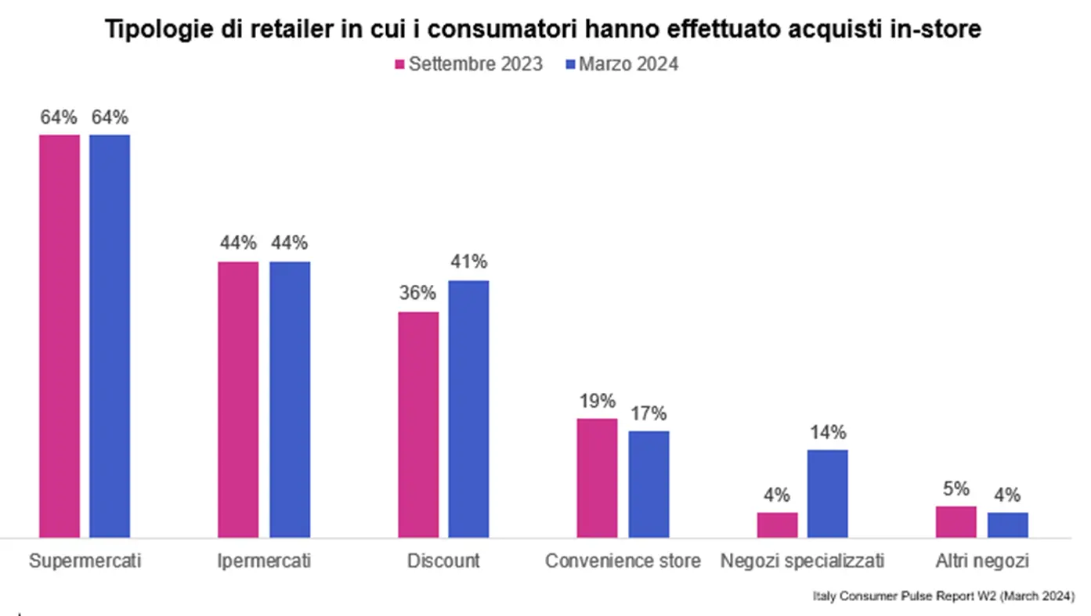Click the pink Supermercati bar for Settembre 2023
(60, 336)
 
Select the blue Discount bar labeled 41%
(468, 409)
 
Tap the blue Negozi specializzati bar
(827, 493)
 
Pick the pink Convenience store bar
(597, 477)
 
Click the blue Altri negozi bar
(1007, 524)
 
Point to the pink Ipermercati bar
(238, 399)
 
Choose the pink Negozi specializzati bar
(777, 524)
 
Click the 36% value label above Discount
(417, 294)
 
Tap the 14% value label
(827, 432)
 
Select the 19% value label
(598, 401)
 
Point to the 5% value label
(956, 488)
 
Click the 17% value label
(648, 413)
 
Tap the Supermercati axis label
(85, 561)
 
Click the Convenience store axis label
(623, 561)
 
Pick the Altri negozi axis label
(981, 561)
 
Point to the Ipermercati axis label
(264, 561)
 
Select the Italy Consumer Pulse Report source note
(942, 597)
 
